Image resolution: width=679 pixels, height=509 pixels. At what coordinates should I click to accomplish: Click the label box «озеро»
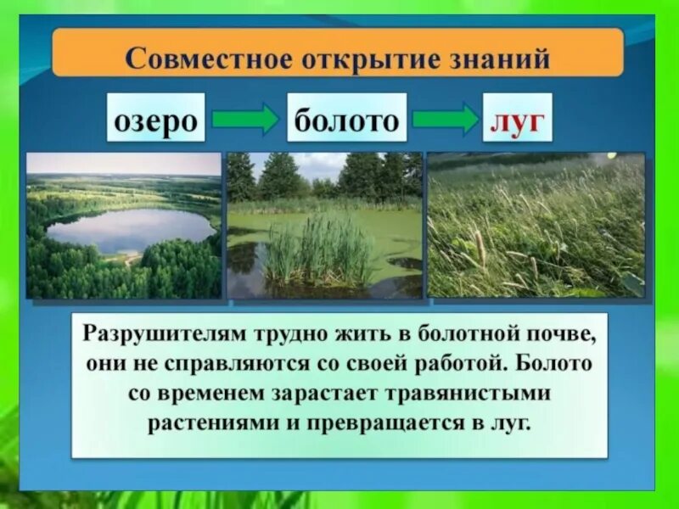[157, 120]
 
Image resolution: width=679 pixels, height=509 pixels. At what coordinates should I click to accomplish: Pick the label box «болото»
[345, 120]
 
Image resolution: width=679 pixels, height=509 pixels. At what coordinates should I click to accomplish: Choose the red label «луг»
[517, 120]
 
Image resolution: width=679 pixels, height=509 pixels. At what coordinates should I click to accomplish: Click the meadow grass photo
[535, 225]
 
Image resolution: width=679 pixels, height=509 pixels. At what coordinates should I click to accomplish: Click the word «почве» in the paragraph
[558, 333]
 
